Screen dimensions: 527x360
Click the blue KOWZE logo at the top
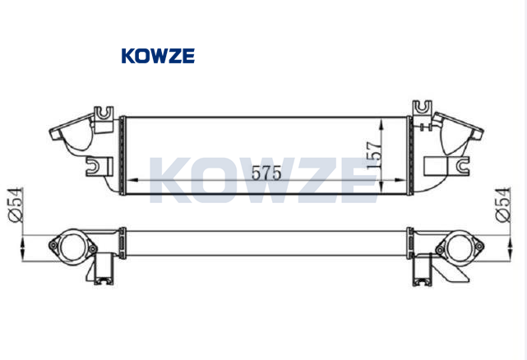click(x=158, y=56)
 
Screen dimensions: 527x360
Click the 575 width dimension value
click(x=266, y=173)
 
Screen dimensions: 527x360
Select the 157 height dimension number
click(x=375, y=155)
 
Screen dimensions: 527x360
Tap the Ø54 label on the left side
click(x=16, y=205)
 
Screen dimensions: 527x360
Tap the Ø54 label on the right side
click(x=503, y=205)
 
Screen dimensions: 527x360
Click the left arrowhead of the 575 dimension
click(x=132, y=180)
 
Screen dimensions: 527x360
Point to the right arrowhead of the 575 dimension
click(x=400, y=180)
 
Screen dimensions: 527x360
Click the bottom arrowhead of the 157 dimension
click(x=381, y=187)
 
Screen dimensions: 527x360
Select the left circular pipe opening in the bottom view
click(x=72, y=247)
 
